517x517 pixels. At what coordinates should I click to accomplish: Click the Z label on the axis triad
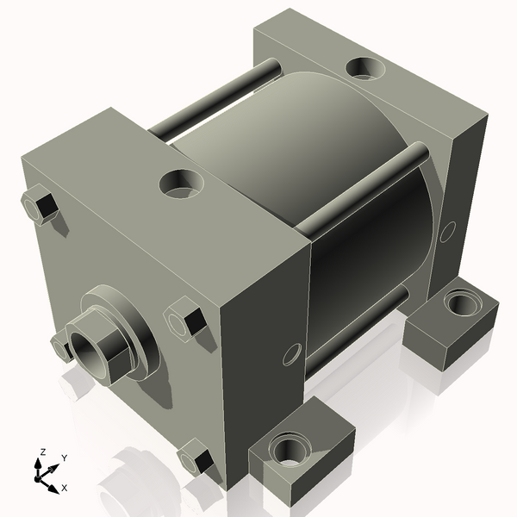coord(43,452)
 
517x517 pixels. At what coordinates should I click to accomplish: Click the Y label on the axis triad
coord(64,458)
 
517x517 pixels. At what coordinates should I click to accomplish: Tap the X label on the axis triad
coord(64,488)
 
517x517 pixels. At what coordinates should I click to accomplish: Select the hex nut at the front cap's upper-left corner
coord(39,207)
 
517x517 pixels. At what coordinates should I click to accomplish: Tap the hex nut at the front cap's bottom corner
coord(195,458)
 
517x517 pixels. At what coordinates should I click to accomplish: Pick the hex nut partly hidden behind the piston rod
coord(59,346)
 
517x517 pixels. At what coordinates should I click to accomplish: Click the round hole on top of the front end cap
coord(184,182)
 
